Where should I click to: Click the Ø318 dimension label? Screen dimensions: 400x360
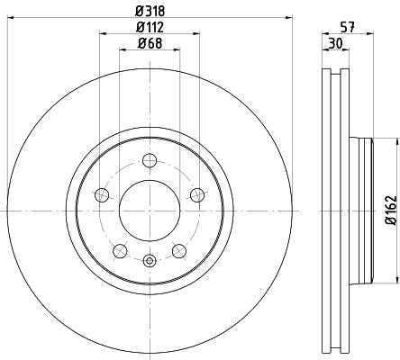point(150,12)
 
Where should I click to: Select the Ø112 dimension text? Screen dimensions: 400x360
point(150,28)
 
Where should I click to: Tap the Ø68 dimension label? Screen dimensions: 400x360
point(150,44)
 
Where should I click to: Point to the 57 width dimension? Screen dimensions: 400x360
point(348,28)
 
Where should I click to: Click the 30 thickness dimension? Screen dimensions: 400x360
point(335,44)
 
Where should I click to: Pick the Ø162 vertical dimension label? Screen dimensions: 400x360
point(391,210)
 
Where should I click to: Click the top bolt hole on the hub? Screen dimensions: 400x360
point(150,160)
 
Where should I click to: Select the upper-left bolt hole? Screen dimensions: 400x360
point(102,195)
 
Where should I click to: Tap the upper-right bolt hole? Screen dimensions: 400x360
point(197,195)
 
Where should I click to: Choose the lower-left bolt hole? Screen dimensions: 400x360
point(120,251)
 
